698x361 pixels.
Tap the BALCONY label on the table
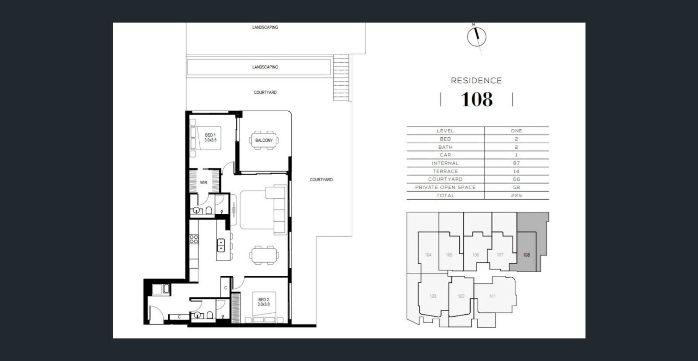264,140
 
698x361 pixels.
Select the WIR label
204,182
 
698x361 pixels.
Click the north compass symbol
477,37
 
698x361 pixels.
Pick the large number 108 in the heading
477,99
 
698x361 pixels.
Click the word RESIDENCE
476,81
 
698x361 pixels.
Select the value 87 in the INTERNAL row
516,163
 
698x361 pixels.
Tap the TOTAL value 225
516,195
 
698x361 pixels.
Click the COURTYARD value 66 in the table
516,179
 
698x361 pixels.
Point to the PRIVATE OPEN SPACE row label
445,187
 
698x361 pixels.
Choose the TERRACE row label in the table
445,171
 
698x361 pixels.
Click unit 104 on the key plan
428,255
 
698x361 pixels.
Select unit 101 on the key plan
493,296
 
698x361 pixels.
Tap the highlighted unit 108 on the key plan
527,255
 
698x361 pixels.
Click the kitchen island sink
221,245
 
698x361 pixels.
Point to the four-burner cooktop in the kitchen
194,239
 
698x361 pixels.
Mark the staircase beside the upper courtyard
341,77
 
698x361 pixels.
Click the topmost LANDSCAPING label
265,27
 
